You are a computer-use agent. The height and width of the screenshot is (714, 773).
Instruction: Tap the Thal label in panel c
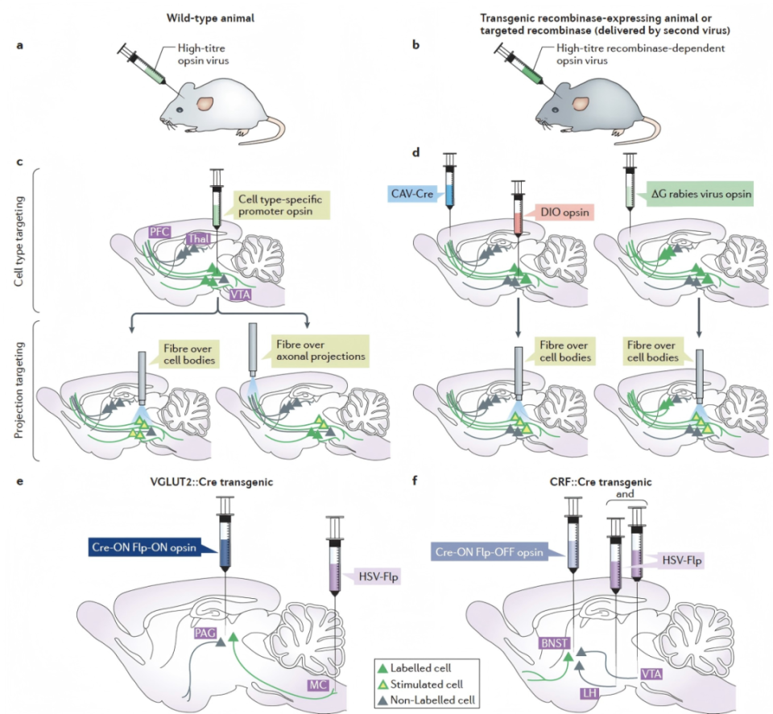198,238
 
